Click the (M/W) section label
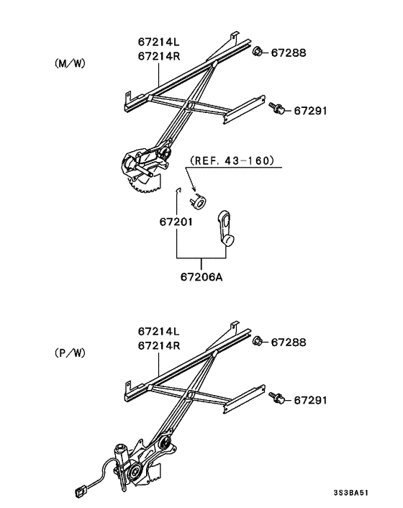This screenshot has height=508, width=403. [x=70, y=63]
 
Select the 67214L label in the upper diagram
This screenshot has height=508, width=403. [x=158, y=42]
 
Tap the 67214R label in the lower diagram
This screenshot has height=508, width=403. [x=158, y=346]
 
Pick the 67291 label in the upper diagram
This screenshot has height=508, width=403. [x=311, y=110]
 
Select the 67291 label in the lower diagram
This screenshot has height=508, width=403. [x=311, y=399]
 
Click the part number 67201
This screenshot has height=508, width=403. [x=176, y=222]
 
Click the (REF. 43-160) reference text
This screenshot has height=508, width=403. [x=232, y=160]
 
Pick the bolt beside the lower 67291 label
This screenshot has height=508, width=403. [x=276, y=398]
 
